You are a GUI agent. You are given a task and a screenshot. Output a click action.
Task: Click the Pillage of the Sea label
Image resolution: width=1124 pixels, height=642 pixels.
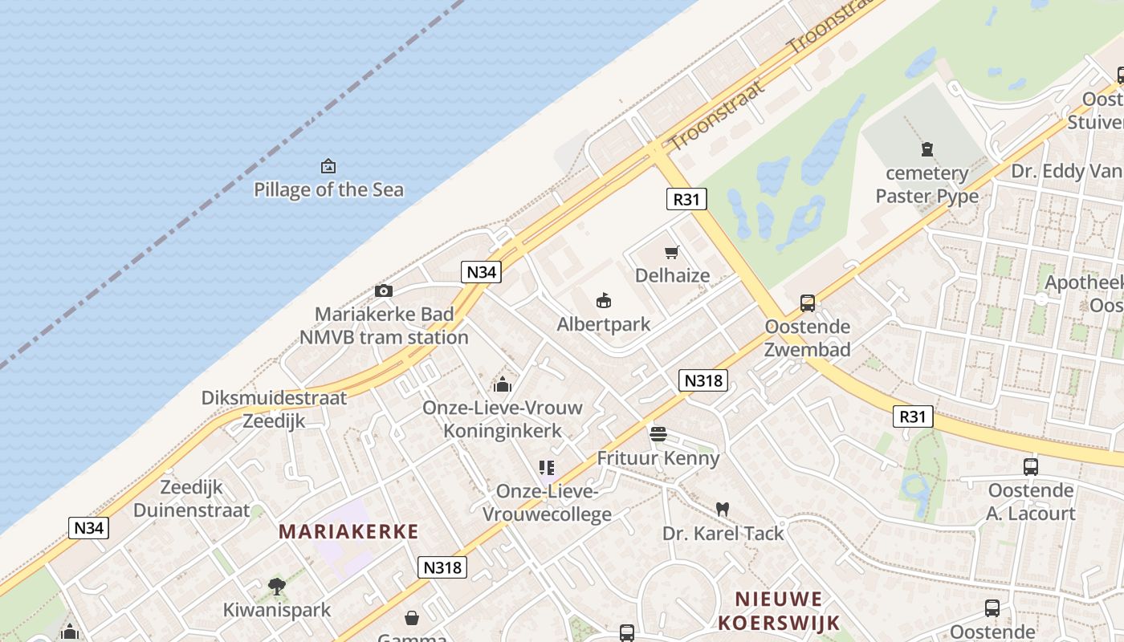[328, 190]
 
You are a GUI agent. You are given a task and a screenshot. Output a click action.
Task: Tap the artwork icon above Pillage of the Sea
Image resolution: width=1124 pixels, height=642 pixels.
[328, 166]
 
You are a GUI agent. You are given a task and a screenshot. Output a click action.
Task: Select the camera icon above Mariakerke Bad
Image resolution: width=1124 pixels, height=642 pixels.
[384, 291]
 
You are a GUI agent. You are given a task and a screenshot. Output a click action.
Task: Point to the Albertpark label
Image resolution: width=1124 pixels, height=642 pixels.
[604, 324]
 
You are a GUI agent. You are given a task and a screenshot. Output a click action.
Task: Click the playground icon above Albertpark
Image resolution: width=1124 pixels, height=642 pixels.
[604, 301]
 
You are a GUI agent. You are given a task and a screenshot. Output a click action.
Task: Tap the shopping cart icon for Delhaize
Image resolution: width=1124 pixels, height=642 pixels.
[672, 252]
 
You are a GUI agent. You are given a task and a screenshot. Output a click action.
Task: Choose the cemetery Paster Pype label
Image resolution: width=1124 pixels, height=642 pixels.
[927, 185]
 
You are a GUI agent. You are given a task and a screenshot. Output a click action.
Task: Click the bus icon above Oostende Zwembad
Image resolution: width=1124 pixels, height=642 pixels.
[808, 303]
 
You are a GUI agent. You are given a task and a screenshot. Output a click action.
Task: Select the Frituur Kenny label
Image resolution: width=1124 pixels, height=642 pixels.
[658, 458]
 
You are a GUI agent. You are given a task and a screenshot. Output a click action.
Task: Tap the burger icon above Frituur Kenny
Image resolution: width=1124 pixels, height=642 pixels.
[658, 434]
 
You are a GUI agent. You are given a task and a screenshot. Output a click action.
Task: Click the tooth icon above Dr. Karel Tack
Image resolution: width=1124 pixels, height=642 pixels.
[723, 509]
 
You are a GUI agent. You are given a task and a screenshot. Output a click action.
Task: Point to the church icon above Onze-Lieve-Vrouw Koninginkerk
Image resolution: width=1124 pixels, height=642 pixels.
[503, 384]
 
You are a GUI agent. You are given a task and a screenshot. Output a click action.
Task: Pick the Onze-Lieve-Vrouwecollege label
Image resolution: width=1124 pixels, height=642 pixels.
[547, 502]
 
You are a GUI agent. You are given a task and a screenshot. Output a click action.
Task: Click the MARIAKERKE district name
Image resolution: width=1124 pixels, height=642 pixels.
[348, 531]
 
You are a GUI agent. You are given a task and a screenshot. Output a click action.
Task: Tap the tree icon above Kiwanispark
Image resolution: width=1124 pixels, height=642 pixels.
[277, 586]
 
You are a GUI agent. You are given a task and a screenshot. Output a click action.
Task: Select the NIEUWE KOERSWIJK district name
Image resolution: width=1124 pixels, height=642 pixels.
[779, 611]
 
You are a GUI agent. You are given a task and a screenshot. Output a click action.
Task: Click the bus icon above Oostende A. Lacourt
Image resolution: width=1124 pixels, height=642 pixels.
[1031, 466]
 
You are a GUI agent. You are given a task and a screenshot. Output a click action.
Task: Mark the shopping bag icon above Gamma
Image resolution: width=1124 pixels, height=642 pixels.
[412, 617]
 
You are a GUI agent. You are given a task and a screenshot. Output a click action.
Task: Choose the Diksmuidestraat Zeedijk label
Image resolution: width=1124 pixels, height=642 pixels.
[274, 409]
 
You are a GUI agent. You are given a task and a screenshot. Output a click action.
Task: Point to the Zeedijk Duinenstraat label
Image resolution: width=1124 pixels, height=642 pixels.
[192, 498]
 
